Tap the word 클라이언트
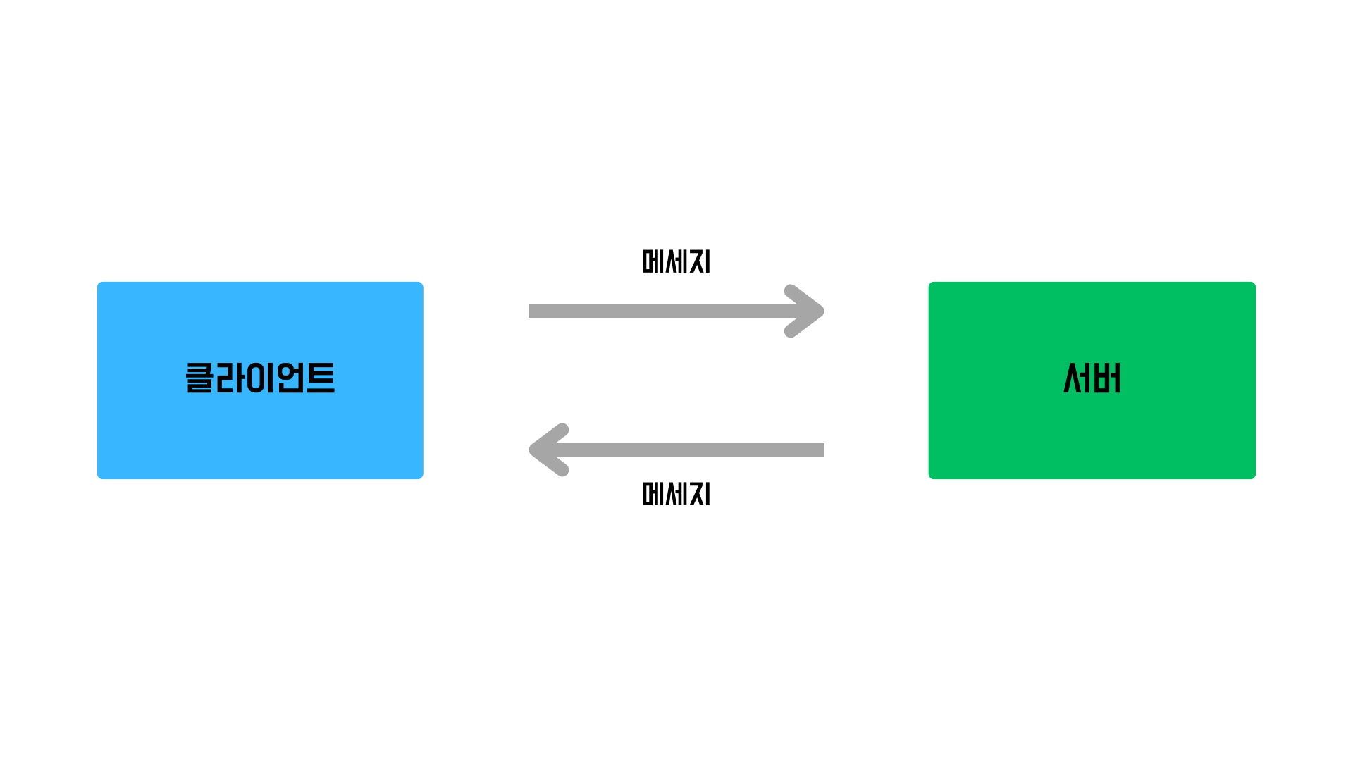[x=260, y=378]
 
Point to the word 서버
[x=1092, y=378]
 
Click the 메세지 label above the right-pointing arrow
[x=676, y=261]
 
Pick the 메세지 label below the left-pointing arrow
[x=676, y=494]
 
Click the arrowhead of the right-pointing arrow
[x=807, y=311]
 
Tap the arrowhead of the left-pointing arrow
[x=546, y=450]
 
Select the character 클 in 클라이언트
[x=199, y=378]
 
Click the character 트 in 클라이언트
[x=321, y=378]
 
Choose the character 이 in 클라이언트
[x=260, y=378]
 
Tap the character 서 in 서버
[x=1077, y=378]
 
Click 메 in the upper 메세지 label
[x=653, y=261]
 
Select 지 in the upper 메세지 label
[x=700, y=261]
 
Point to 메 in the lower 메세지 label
[x=653, y=494]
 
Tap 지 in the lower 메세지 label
[x=700, y=494]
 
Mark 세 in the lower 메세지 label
[x=676, y=494]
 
